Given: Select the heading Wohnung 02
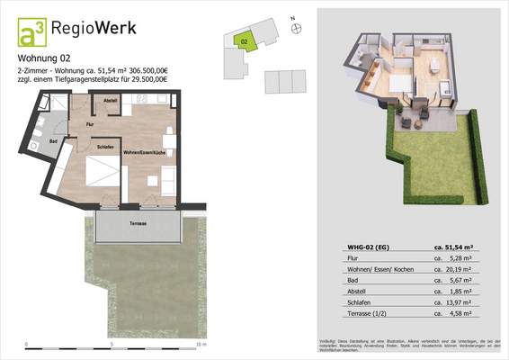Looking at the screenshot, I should [46, 60].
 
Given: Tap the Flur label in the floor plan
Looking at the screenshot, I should [90, 123].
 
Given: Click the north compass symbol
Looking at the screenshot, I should [298, 30].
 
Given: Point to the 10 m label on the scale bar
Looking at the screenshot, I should [201, 345].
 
